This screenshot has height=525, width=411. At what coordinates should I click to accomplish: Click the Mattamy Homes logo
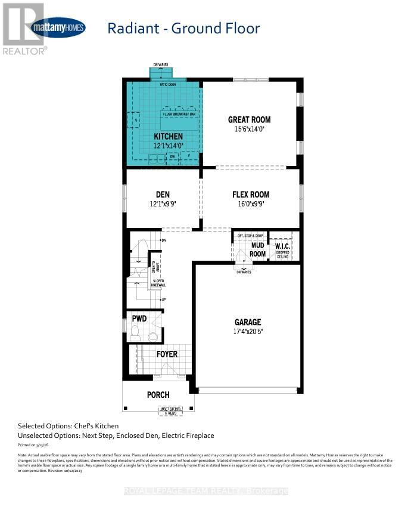click(58, 27)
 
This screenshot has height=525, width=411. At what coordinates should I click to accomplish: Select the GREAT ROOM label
click(249, 119)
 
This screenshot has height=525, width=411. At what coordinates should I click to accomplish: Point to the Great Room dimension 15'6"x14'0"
click(249, 128)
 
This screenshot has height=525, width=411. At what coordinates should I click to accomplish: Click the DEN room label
click(163, 194)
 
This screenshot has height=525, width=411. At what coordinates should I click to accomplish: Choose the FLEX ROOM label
click(250, 194)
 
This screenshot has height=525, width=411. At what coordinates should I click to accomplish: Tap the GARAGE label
click(247, 322)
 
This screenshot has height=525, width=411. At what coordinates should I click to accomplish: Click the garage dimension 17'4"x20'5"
click(247, 332)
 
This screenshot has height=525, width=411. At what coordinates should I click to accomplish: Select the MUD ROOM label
click(258, 249)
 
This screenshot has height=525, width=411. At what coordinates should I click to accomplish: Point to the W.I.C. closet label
click(281, 246)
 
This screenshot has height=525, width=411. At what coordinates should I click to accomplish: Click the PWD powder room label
click(139, 319)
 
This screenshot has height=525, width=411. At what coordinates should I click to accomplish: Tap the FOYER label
click(167, 354)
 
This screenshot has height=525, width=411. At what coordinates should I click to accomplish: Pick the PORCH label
click(158, 395)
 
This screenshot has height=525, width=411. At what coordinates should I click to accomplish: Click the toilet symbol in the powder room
click(135, 331)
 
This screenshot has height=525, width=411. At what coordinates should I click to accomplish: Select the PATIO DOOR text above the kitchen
click(167, 84)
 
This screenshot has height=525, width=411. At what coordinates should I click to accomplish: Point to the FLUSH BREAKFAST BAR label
click(179, 114)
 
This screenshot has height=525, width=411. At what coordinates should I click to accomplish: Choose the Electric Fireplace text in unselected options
click(186, 436)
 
